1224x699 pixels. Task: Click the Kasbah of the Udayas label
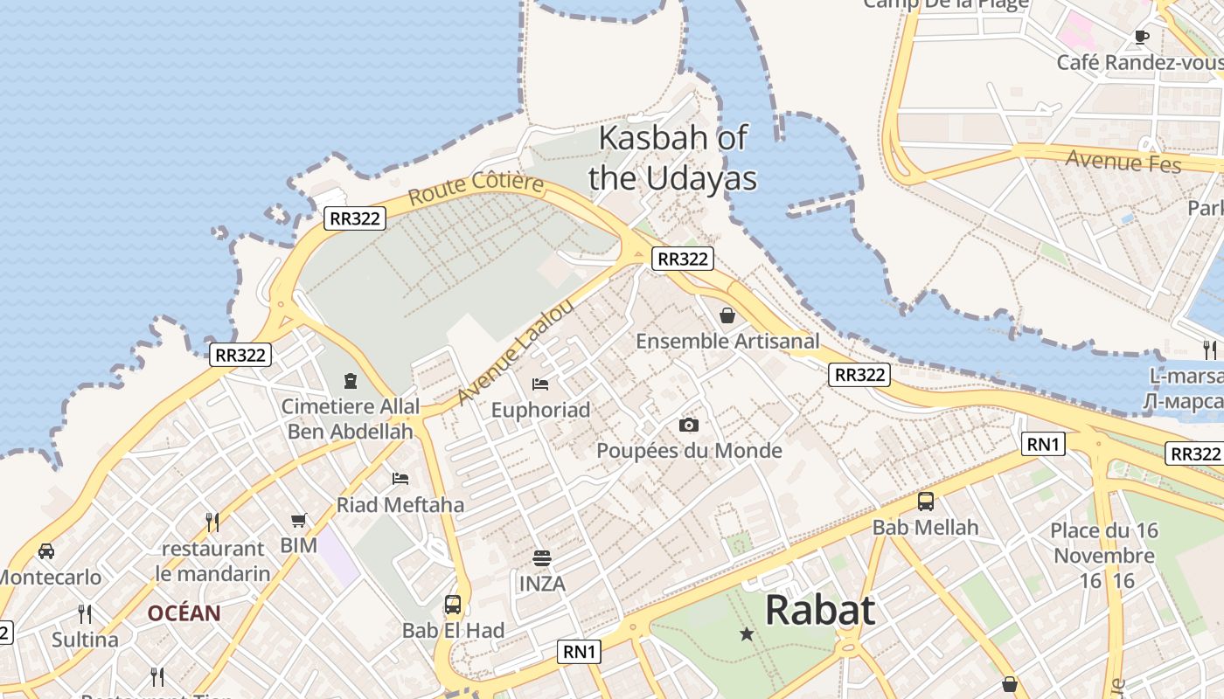pyautogui.click(x=671, y=158)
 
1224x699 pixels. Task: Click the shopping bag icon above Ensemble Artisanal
pyautogui.click(x=727, y=315)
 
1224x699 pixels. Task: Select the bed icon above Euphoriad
pyautogui.click(x=540, y=384)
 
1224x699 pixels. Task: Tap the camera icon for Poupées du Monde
pyautogui.click(x=689, y=425)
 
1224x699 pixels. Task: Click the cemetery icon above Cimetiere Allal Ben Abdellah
pyautogui.click(x=351, y=380)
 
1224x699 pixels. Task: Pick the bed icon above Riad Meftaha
pyautogui.click(x=400, y=478)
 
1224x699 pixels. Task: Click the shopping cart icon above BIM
pyautogui.click(x=299, y=520)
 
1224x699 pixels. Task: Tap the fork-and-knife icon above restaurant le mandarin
pyautogui.click(x=212, y=522)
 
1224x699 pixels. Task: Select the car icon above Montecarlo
pyautogui.click(x=46, y=550)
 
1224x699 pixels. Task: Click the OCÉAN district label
pyautogui.click(x=184, y=613)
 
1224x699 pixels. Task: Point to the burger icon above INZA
pyautogui.click(x=542, y=557)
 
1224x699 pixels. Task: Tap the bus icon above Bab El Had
pyautogui.click(x=453, y=604)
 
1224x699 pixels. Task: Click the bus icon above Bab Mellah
pyautogui.click(x=925, y=502)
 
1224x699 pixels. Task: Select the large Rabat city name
pyautogui.click(x=819, y=610)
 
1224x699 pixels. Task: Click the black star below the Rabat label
pyautogui.click(x=747, y=634)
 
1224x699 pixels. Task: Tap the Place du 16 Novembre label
pyautogui.click(x=1104, y=543)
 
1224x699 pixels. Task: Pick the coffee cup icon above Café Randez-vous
pyautogui.click(x=1141, y=37)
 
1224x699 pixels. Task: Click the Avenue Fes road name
pyautogui.click(x=1123, y=162)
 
